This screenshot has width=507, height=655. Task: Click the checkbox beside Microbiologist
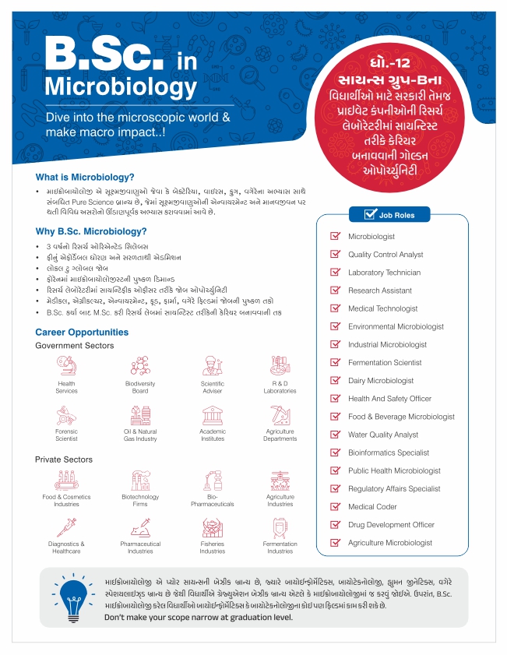click(x=336, y=236)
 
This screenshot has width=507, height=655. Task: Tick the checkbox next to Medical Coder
click(x=336, y=506)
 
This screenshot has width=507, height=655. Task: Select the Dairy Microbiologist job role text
click(x=381, y=381)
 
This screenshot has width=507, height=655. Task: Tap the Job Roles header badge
click(x=391, y=215)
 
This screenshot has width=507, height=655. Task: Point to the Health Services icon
click(x=66, y=365)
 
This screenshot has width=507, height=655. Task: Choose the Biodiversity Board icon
click(x=140, y=365)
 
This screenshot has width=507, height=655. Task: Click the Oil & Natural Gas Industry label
click(x=140, y=435)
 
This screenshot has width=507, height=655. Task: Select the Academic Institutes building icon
click(x=213, y=414)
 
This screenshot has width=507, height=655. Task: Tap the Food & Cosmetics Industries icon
click(x=66, y=480)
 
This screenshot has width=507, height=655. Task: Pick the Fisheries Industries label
click(x=213, y=548)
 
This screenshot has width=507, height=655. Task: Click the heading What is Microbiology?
click(x=85, y=177)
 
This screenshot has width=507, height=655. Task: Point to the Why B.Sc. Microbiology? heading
click(x=91, y=231)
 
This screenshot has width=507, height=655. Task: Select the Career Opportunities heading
click(x=82, y=333)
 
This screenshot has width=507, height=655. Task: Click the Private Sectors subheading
click(x=64, y=460)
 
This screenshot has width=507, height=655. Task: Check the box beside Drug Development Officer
click(x=336, y=525)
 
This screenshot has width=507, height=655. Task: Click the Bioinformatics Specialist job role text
click(x=389, y=453)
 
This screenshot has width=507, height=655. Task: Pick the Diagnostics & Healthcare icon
click(x=66, y=526)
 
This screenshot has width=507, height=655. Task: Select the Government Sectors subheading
click(x=75, y=345)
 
